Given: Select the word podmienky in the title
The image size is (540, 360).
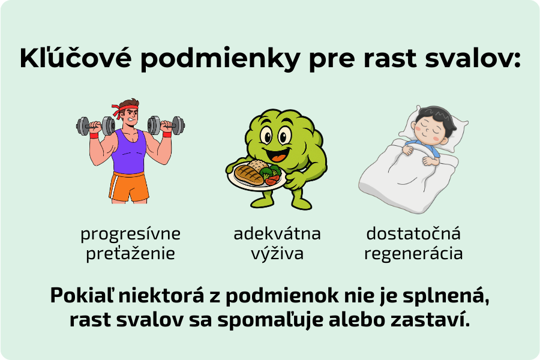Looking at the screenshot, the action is point(220,59).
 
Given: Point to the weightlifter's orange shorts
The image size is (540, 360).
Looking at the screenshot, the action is point(129,187).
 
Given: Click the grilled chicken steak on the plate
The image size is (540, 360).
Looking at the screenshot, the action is point(248,175).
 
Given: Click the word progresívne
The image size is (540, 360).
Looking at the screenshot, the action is point(131,234).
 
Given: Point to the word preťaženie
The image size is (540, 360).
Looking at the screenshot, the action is point(131,254).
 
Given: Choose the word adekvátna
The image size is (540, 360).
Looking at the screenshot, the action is point(277,233).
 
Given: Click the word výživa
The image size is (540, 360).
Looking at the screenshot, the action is point(277,254).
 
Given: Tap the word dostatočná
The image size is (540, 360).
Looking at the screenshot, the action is point(413,233).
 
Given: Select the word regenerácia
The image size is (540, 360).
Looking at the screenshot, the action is point(413,254).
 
